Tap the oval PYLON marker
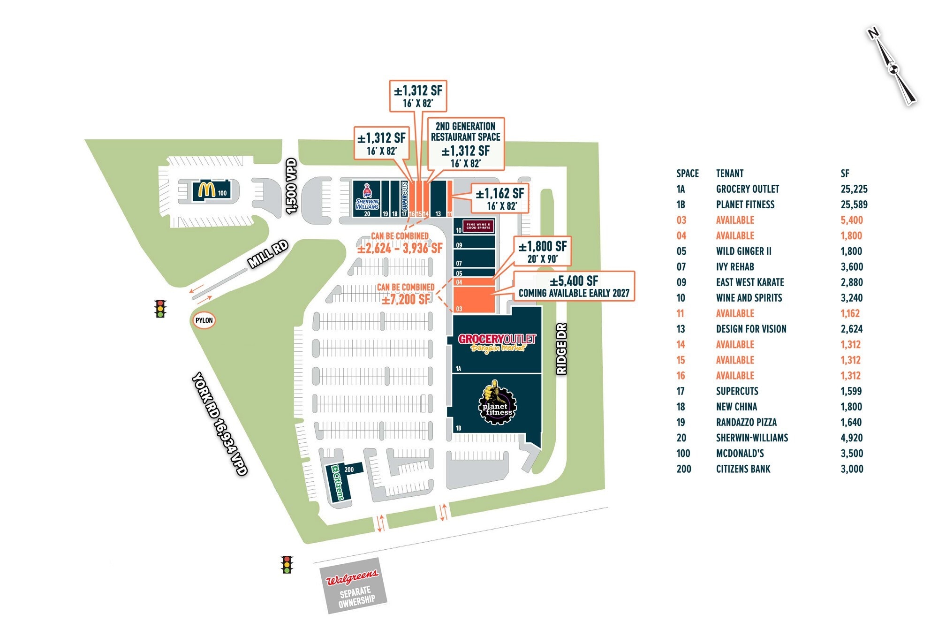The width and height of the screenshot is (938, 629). coord(204,320)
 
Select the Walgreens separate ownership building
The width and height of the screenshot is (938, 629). coord(354,586)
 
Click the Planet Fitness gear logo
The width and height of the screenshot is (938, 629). coord(497,403)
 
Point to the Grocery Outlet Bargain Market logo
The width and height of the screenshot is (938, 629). coord(497,343)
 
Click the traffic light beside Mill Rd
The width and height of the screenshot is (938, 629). coord(160,309)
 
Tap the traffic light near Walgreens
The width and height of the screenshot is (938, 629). coord(287,564)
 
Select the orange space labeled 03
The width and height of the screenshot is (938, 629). coord(474,300)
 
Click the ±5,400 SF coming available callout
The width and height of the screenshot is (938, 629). coord(574,286)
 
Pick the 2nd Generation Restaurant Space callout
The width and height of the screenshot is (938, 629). coord(465,144)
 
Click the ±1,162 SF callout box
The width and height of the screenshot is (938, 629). coord(500,198)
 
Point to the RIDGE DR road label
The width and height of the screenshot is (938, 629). coord(561,349)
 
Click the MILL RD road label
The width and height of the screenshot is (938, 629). coord(268,254)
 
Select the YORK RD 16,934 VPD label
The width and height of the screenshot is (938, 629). coord(219,424)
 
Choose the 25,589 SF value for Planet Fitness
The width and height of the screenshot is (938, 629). coord(854,205)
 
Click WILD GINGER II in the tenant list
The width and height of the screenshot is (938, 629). coord(743,251)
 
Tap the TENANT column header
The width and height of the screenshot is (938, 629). coord(729,174)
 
